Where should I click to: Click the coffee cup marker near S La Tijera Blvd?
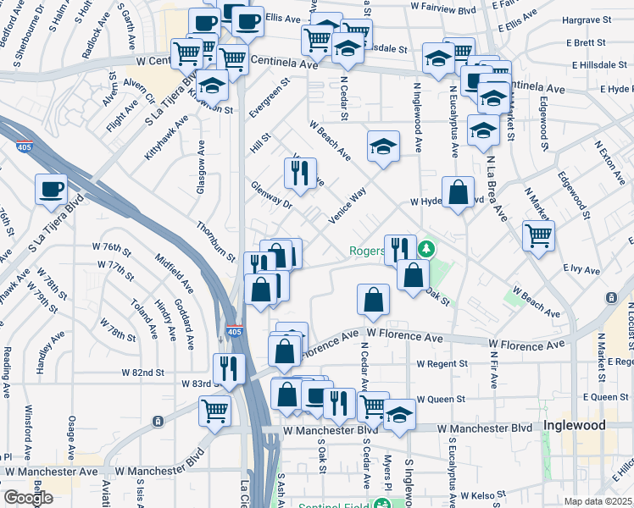(x=51, y=190)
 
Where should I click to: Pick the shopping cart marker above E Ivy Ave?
(x=538, y=235)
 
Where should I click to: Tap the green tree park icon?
(x=428, y=248)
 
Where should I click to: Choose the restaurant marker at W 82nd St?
(x=229, y=367)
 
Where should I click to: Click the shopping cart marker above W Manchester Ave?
(x=215, y=411)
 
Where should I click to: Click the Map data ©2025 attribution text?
(x=598, y=501)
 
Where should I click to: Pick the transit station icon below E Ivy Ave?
(x=612, y=298)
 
